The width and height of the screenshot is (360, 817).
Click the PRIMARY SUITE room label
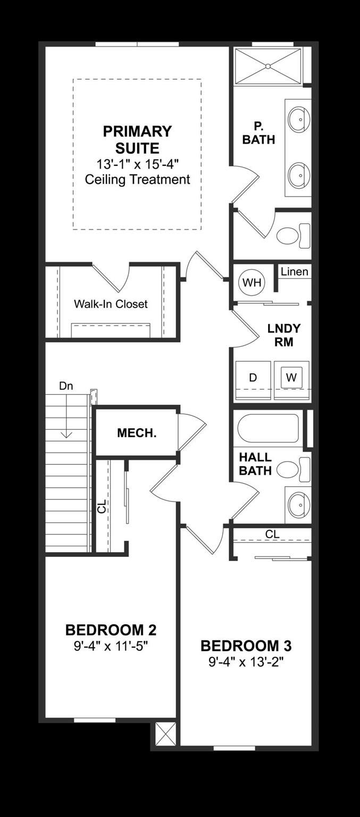coord(137,139)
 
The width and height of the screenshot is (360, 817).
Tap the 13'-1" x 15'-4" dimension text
coord(137,164)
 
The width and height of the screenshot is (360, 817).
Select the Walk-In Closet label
coord(111,304)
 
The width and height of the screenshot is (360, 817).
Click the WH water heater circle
coord(252,282)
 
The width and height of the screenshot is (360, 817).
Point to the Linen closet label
coord(294,272)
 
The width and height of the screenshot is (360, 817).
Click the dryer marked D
coord(253,377)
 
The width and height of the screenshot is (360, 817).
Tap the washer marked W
coord(291,377)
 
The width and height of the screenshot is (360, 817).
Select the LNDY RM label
coord(284,335)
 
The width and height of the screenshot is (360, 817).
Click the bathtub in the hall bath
coord(268,428)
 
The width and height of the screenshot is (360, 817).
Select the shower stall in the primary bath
coord(268,66)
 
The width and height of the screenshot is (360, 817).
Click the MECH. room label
coord(137,433)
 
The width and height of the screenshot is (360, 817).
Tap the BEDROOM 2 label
coord(111,630)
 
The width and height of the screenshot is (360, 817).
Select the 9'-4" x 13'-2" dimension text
coord(246,662)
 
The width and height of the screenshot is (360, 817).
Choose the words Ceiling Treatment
coord(137,179)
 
